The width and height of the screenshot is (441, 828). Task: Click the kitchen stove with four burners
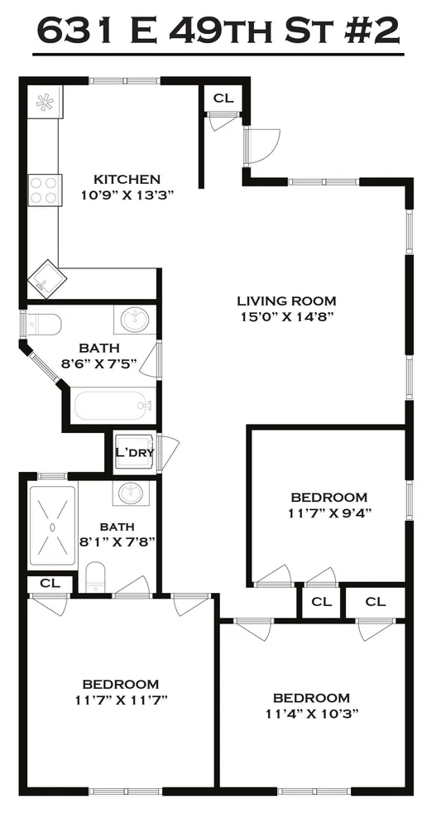pyautogui.click(x=44, y=190)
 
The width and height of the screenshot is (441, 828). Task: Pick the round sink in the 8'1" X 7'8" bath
pyautogui.click(x=130, y=493)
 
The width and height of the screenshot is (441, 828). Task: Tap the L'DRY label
pyautogui.click(x=134, y=452)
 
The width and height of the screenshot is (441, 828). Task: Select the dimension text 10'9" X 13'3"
pyautogui.click(x=127, y=195)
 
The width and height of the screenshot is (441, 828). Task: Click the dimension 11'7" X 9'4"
pyautogui.click(x=328, y=513)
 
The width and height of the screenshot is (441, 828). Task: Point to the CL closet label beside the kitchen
pyautogui.click(x=223, y=99)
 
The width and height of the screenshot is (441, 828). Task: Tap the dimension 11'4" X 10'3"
pyautogui.click(x=312, y=714)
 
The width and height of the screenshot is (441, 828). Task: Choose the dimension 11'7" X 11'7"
pyautogui.click(x=120, y=700)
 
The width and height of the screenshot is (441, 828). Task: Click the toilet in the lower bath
pyautogui.click(x=96, y=576)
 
